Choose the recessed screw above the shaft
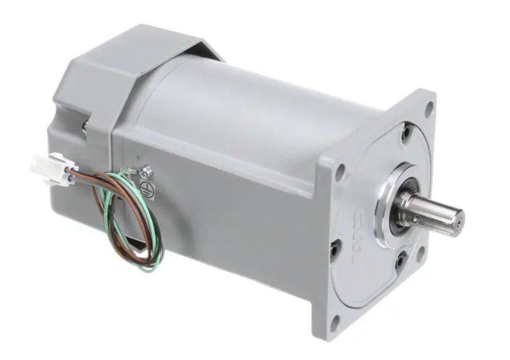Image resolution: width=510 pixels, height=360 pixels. (405, 134)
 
